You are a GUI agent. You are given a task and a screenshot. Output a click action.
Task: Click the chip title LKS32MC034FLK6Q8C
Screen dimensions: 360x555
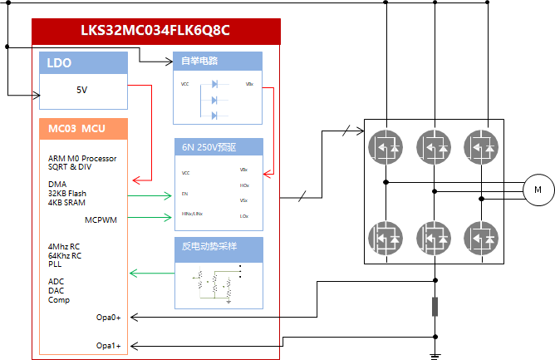pyautogui.click(x=155, y=31)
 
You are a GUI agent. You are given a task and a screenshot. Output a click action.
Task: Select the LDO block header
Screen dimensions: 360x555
pyautogui.click(x=83, y=63)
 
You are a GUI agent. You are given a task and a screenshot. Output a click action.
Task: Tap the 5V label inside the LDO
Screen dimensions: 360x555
pyautogui.click(x=81, y=90)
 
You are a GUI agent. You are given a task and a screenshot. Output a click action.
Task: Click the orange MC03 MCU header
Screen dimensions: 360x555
pyautogui.click(x=83, y=129)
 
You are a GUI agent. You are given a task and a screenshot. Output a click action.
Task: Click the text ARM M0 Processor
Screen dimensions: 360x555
pyautogui.click(x=82, y=158)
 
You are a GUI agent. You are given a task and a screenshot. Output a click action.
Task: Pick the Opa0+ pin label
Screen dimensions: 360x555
pyautogui.click(x=108, y=317)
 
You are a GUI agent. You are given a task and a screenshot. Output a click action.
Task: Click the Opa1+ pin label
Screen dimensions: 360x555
pyautogui.click(x=108, y=345)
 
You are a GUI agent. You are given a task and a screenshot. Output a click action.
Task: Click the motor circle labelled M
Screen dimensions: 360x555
pyautogui.click(x=538, y=190)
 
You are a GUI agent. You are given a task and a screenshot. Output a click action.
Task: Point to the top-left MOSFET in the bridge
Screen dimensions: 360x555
pyautogui.click(x=385, y=146)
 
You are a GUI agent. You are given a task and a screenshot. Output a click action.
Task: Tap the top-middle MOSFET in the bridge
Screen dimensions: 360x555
pyautogui.click(x=434, y=146)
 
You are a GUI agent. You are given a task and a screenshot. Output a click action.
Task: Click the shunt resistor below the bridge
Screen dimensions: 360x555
pyautogui.click(x=434, y=307)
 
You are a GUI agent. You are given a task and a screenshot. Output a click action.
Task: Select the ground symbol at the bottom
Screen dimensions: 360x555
pyautogui.click(x=434, y=355)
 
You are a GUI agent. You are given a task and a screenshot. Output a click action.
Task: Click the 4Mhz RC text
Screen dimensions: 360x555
pyautogui.click(x=65, y=247)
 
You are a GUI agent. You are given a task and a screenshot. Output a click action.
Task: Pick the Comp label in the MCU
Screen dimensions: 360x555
pyautogui.click(x=59, y=300)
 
